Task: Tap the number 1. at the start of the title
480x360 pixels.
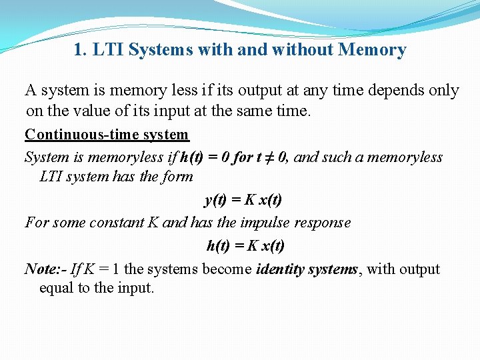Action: coord(81,50)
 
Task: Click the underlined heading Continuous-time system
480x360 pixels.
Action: coord(107,135)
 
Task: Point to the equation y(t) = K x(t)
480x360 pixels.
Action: coord(243,199)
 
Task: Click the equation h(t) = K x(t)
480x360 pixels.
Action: coord(245,245)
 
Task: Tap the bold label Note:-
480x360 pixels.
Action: coord(45,269)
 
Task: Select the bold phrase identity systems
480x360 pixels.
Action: coord(307,269)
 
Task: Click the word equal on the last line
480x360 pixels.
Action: coord(57,289)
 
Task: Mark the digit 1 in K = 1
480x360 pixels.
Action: coord(117,269)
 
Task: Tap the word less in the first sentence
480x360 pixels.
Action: coord(190,90)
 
